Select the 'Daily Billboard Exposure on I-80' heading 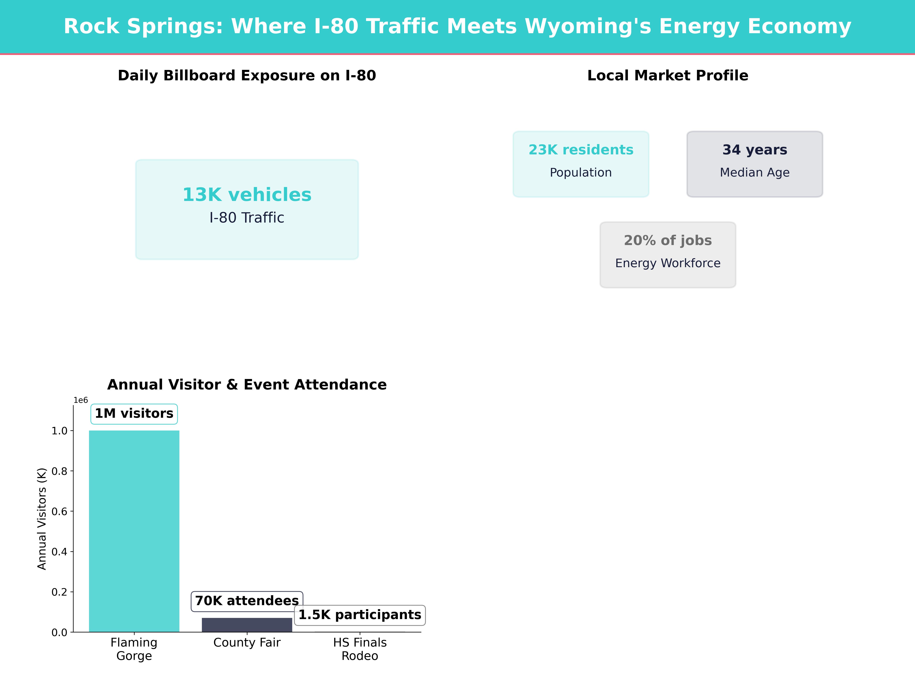click(x=247, y=76)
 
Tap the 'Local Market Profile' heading click(x=668, y=76)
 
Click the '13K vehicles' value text click(x=247, y=195)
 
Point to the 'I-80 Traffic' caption click(x=247, y=218)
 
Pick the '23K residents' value click(x=581, y=150)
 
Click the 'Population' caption click(x=581, y=173)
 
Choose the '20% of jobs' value click(x=668, y=241)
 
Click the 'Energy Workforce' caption click(x=668, y=263)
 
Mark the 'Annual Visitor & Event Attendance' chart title click(x=247, y=385)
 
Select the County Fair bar click(x=247, y=625)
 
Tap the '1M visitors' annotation click(x=134, y=414)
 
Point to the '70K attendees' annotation click(x=247, y=601)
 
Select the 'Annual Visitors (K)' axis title click(x=42, y=519)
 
